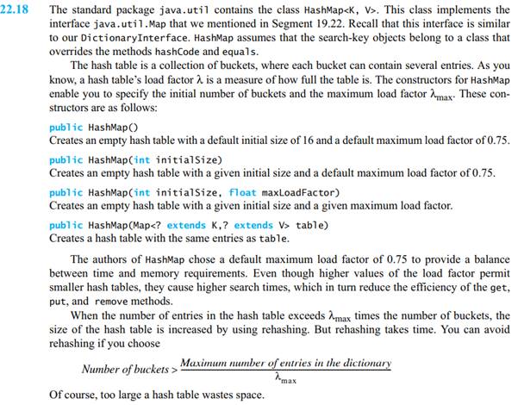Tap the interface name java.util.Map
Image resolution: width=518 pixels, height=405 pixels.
[x=128, y=24]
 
